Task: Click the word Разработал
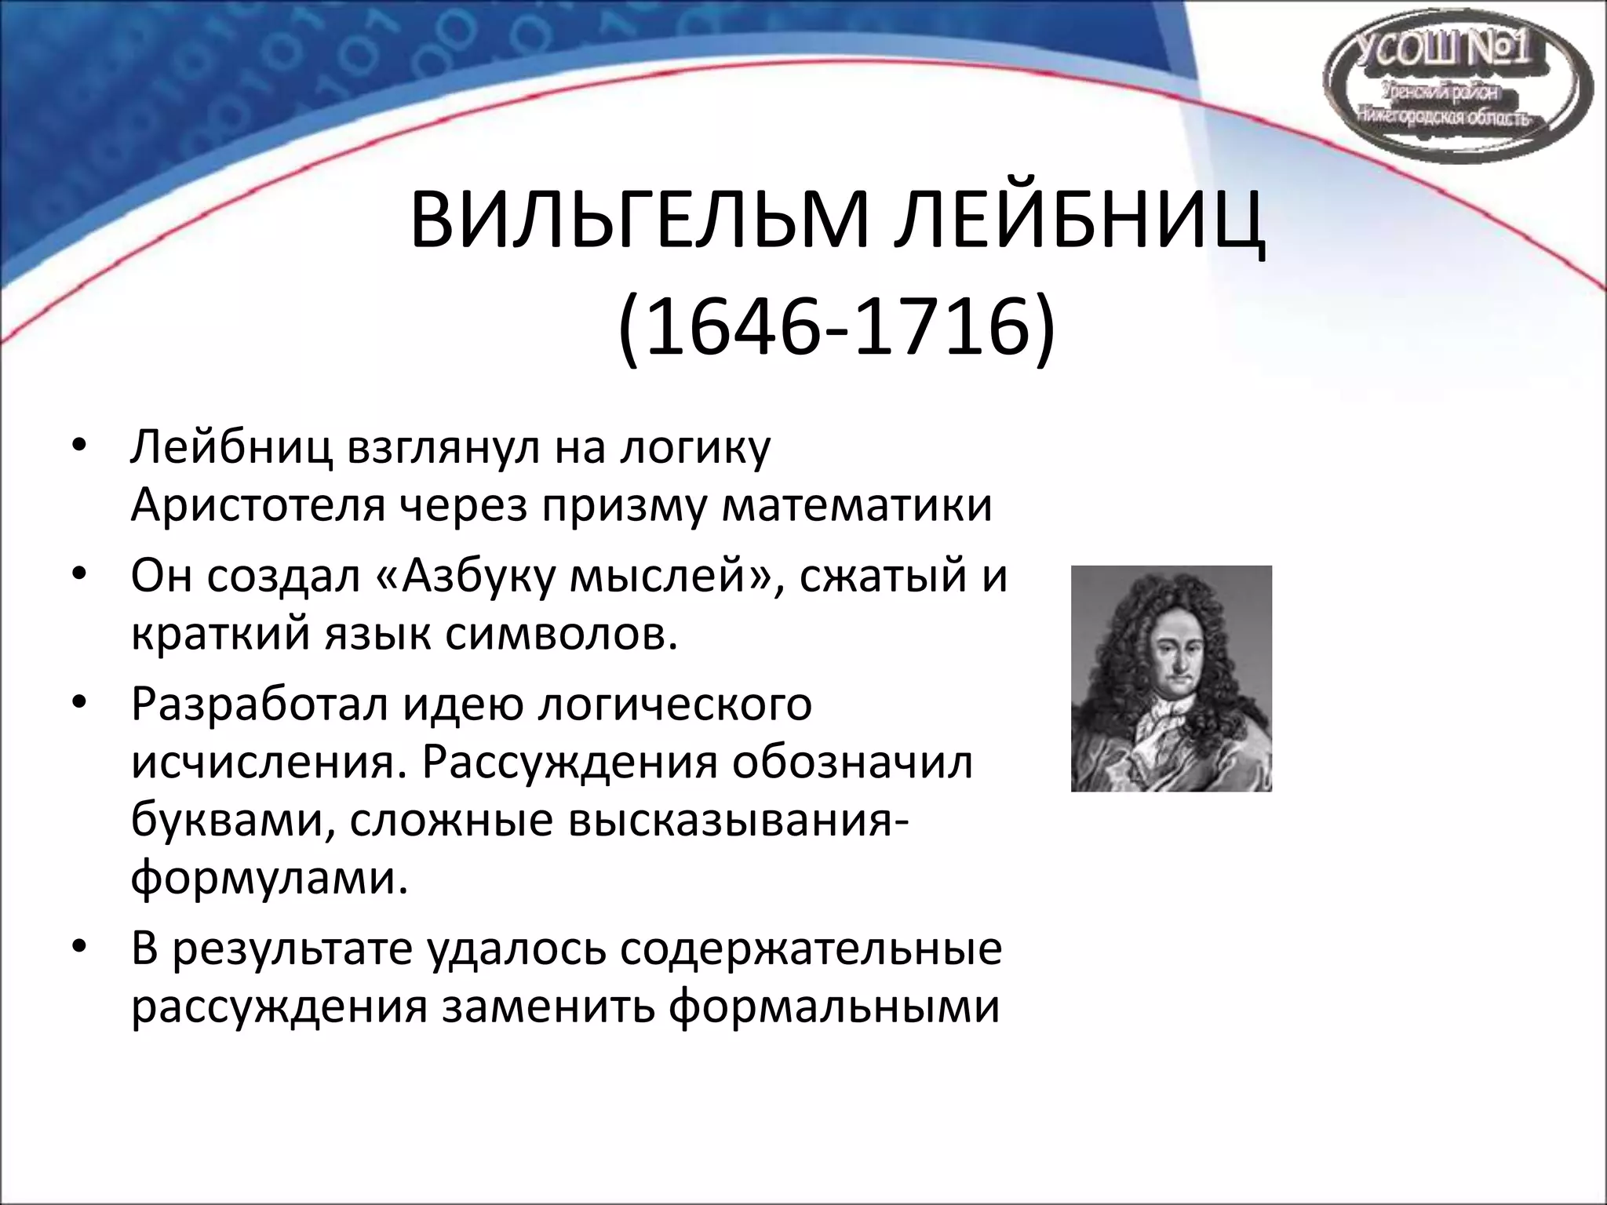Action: (260, 704)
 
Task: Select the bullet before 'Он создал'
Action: (80, 576)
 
